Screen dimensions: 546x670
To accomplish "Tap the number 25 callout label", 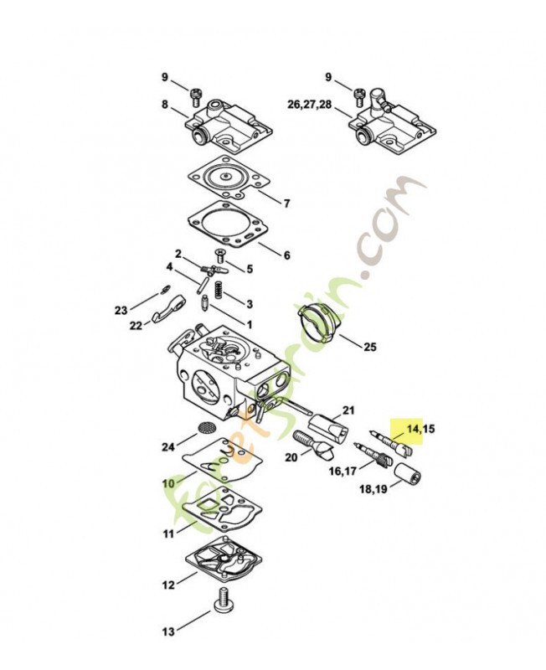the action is (370, 347).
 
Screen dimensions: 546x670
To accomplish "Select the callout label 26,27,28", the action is (309, 104).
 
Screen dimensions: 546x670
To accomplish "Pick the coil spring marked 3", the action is (219, 290).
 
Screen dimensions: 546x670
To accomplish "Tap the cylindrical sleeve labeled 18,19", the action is (407, 474).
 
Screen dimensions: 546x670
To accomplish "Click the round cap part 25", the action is (318, 323).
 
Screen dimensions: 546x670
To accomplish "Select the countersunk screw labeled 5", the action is (221, 255).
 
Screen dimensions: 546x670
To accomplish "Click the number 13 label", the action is (169, 631).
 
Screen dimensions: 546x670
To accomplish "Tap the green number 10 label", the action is (169, 483).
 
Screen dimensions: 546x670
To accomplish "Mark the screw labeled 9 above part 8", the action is (196, 97).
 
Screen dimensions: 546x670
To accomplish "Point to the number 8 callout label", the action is (165, 104).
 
